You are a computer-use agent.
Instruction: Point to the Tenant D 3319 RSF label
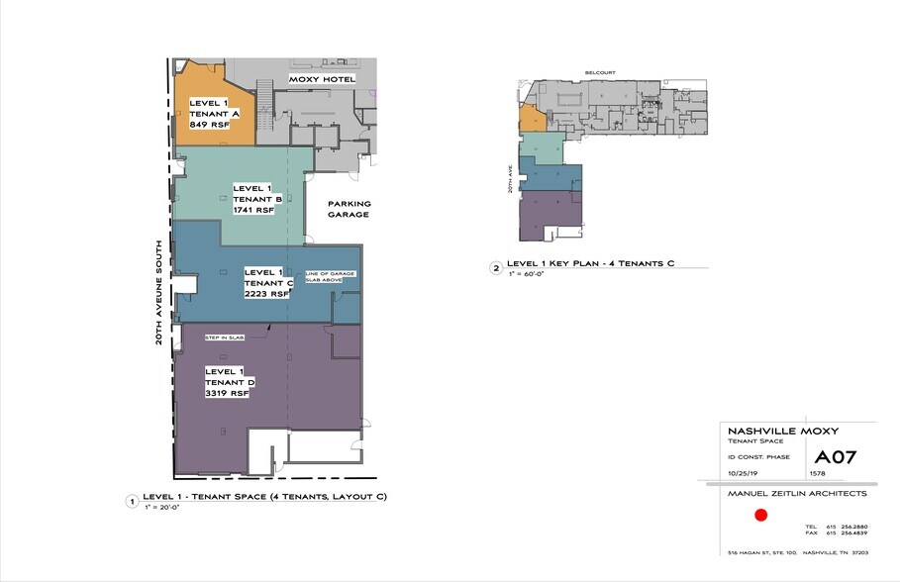[230, 381]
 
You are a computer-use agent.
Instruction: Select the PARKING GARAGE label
[349, 209]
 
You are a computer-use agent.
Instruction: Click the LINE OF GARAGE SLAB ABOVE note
[330, 276]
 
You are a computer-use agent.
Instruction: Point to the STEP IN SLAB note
[224, 338]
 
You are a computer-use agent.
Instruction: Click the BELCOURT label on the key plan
[600, 72]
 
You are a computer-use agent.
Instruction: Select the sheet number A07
[835, 457]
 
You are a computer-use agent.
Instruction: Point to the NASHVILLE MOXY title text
[769, 432]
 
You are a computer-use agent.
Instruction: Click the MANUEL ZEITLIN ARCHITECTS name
[797, 493]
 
